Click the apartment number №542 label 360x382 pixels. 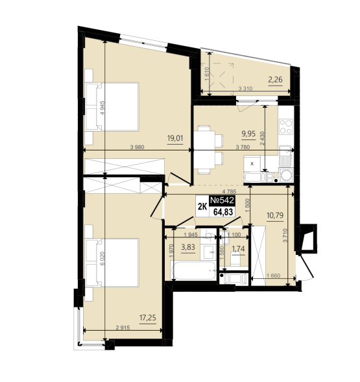pyautogui.click(x=222, y=200)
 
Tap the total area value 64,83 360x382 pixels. pyautogui.click(x=223, y=212)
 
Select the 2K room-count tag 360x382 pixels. pyautogui.click(x=202, y=207)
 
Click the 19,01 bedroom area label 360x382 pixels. pyautogui.click(x=175, y=138)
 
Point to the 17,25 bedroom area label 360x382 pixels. pyautogui.click(x=148, y=318)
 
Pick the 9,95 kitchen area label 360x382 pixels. pyautogui.click(x=248, y=134)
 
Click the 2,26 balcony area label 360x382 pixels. pyautogui.click(x=275, y=79)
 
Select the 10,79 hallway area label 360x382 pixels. pyautogui.click(x=275, y=215)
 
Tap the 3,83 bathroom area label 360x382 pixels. pyautogui.click(x=188, y=247)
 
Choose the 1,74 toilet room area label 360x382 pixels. pyautogui.click(x=238, y=249)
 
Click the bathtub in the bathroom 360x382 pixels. pyautogui.click(x=193, y=270)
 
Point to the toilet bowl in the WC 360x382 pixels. pyautogui.click(x=235, y=259)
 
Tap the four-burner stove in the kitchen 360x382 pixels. pyautogui.click(x=286, y=126)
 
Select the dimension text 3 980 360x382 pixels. pyautogui.click(x=138, y=147)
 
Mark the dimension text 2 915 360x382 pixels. pyautogui.click(x=123, y=328)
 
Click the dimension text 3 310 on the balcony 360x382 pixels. pyautogui.click(x=245, y=89)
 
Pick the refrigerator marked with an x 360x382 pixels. pyautogui.click(x=252, y=163)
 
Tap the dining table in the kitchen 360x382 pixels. pyautogui.click(x=204, y=150)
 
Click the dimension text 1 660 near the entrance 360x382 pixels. pyautogui.click(x=274, y=276)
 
